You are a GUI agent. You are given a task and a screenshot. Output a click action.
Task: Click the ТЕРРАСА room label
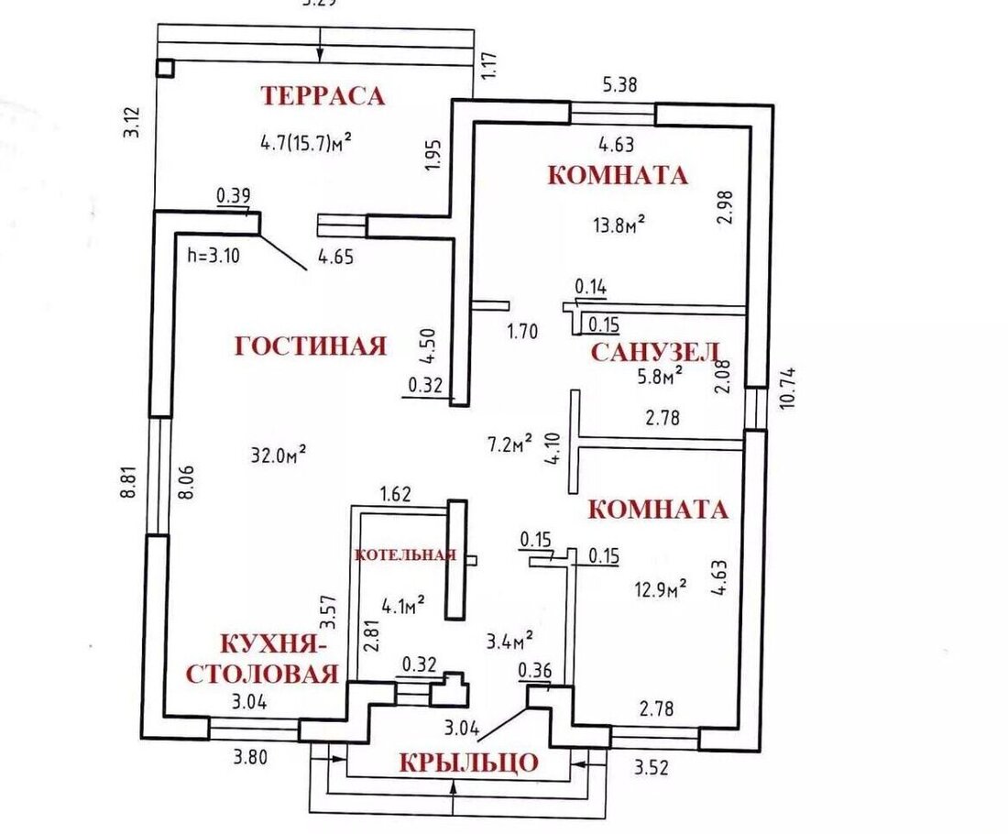[x=322, y=95]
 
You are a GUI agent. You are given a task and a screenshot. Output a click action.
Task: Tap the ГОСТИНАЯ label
[x=311, y=346]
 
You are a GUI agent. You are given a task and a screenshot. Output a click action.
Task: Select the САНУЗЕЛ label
[x=654, y=352]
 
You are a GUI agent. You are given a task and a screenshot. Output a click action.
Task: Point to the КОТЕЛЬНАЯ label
[x=405, y=554]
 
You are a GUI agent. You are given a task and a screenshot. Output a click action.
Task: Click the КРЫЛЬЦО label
[x=467, y=763]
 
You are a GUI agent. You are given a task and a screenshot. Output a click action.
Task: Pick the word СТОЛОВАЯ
[x=263, y=675]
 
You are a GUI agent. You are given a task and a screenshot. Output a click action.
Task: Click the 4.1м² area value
[x=402, y=604]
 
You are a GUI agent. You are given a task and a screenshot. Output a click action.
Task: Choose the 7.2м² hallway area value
[x=509, y=444]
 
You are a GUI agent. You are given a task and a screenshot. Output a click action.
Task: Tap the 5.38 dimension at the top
[x=619, y=84]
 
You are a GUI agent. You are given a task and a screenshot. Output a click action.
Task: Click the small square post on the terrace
[x=165, y=68]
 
